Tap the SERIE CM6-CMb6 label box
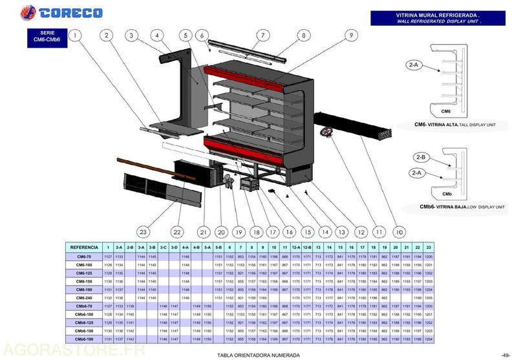46,37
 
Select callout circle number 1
77,36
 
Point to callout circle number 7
263,35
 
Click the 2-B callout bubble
420,157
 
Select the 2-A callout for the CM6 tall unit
414,65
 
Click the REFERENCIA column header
83,247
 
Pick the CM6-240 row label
83,298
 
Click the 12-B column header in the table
306,247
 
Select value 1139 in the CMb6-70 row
130,306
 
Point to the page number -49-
505,355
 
